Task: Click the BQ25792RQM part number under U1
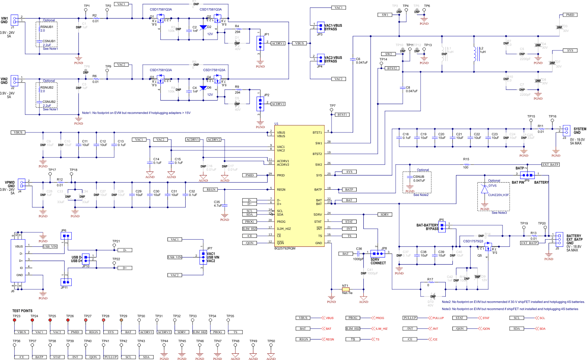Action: click(x=285, y=248)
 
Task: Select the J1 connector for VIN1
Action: click(x=15, y=20)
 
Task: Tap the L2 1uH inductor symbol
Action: click(x=475, y=54)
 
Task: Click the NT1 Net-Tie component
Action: click(x=346, y=289)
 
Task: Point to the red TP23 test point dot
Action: click(x=15, y=320)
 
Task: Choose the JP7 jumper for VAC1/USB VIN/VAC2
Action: click(x=203, y=257)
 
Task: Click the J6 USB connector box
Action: click(x=18, y=260)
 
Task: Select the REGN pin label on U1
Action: click(x=281, y=190)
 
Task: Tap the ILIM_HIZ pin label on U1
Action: click(x=284, y=229)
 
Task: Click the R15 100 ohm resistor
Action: click(x=466, y=164)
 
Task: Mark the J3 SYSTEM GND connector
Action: click(x=566, y=130)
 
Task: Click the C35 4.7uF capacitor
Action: click(x=225, y=204)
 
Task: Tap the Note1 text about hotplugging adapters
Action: click(x=136, y=113)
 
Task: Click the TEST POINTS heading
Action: click(x=22, y=311)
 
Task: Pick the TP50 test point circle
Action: click(x=271, y=345)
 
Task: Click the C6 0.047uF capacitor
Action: click(x=353, y=60)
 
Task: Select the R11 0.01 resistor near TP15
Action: click(x=541, y=129)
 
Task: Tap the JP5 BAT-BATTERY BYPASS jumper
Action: click(x=442, y=226)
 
